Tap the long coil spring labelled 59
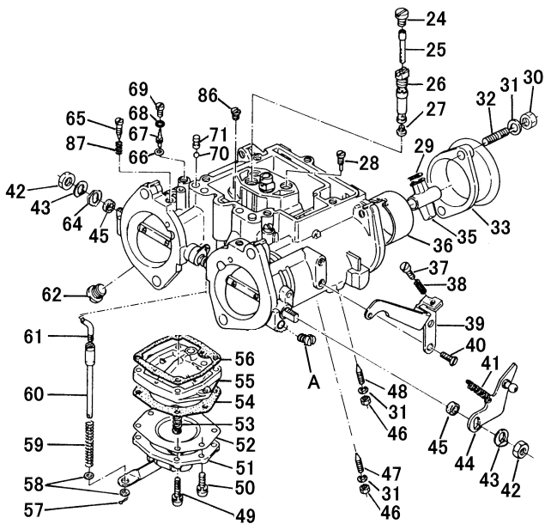(90, 443)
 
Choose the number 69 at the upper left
(138, 90)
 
